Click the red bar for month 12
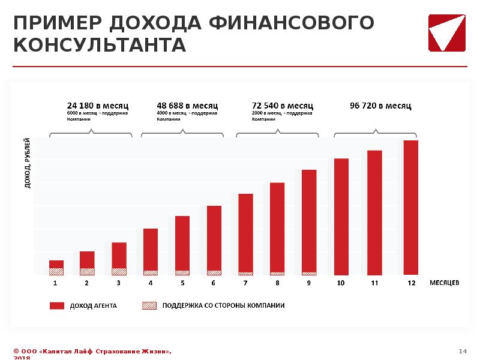[x=410, y=208]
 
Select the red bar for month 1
[x=56, y=264]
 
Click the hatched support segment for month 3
[x=119, y=271]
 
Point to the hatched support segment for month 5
[x=182, y=273]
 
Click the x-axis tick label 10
[x=340, y=283]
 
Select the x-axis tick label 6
[x=214, y=283]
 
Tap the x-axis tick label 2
[x=87, y=283]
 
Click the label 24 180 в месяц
[x=97, y=106]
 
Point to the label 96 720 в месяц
[x=380, y=106]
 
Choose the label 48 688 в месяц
[x=187, y=106]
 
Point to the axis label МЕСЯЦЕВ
[x=444, y=283]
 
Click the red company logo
[x=448, y=32]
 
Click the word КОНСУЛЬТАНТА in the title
[x=100, y=45]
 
